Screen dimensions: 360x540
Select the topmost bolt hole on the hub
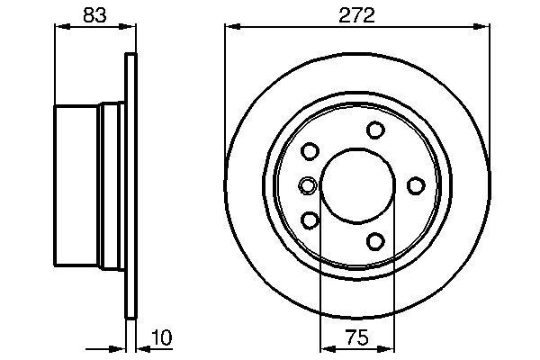375,131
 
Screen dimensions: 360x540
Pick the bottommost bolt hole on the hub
375,240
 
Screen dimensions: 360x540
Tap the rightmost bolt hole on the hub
416,186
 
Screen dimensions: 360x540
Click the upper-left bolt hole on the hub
310,152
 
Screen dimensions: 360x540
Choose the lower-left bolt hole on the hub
310,220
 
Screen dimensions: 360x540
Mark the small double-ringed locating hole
307,186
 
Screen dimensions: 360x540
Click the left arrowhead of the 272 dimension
230,27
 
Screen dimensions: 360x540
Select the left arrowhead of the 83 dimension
61,27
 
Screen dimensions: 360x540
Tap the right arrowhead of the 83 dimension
130,27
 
